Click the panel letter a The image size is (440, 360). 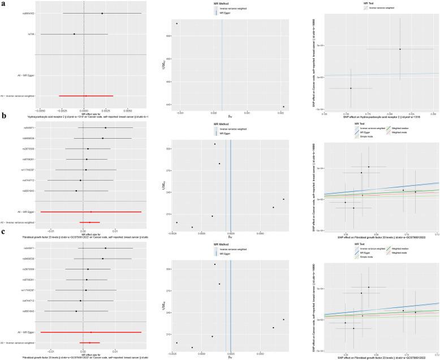[5, 4]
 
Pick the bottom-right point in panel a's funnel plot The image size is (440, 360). [283, 106]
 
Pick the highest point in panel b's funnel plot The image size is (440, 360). [215, 144]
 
